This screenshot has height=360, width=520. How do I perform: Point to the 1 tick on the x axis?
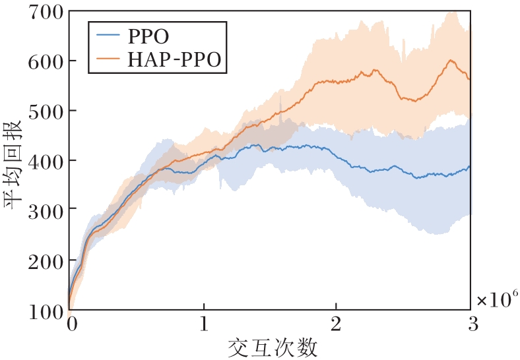203,326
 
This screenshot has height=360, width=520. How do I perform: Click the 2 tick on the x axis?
337,326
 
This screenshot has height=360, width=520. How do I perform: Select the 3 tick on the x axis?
470,326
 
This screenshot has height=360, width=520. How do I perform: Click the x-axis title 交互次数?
270,347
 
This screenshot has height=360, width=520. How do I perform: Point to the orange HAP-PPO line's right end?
469,79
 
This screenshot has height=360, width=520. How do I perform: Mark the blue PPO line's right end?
469,166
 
